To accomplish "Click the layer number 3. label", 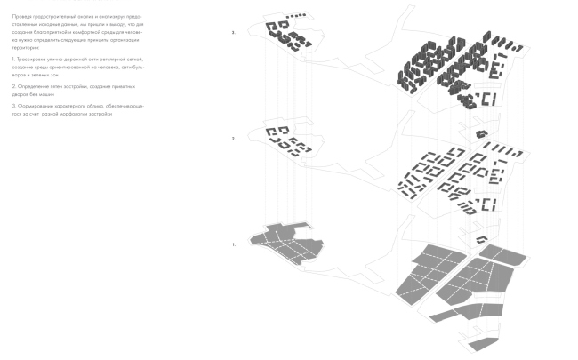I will [x=234, y=33].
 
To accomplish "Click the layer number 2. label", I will [x=234, y=139].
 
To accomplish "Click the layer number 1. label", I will [x=234, y=244].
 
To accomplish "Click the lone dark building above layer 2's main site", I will [x=481, y=134].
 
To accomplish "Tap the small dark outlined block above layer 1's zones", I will [x=481, y=239].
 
